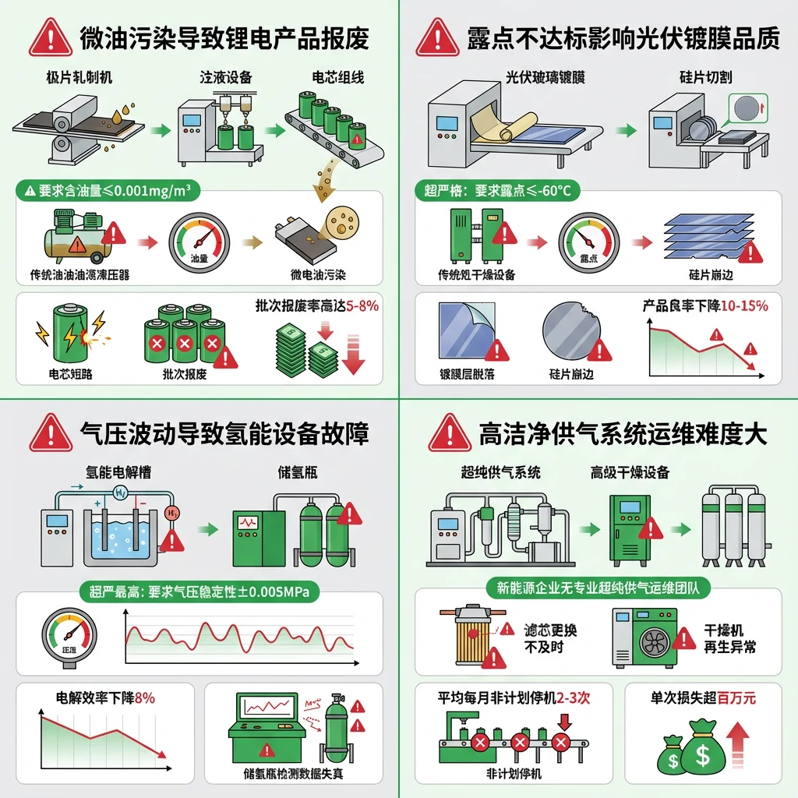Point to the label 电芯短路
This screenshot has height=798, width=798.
point(70,374)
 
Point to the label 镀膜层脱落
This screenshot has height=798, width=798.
point(467,374)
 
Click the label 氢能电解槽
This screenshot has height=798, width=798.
point(117,472)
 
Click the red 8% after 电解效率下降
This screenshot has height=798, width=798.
point(145,697)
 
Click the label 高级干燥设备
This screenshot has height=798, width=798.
point(630,472)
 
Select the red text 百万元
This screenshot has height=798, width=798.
point(736,697)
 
